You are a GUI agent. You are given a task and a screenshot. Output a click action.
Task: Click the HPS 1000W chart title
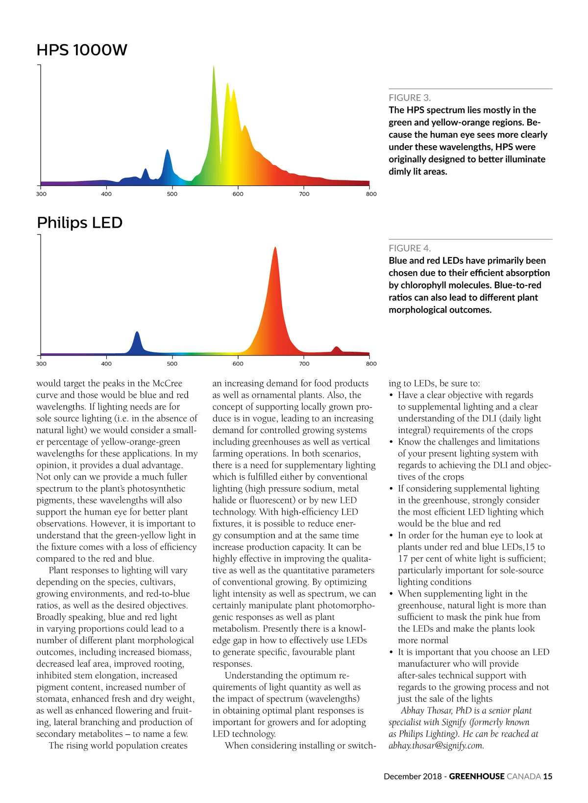click(82, 50)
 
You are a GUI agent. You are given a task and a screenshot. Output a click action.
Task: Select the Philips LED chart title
click(79, 223)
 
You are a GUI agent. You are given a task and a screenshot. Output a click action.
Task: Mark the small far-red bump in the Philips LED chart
click(336, 350)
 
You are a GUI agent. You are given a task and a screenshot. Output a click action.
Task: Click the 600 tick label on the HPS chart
click(238, 194)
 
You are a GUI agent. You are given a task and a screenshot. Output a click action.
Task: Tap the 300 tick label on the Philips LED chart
click(41, 363)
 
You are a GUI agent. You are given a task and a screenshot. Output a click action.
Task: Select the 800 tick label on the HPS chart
click(371, 194)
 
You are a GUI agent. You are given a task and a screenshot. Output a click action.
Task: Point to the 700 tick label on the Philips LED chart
click(304, 363)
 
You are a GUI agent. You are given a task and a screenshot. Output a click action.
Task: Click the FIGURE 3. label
click(410, 98)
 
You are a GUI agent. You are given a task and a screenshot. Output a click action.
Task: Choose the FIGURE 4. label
click(410, 248)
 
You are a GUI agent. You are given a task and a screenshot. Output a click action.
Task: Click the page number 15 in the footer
click(547, 776)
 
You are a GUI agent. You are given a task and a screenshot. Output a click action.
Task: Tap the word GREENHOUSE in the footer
click(476, 776)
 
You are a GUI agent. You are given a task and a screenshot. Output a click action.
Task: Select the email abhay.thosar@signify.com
click(436, 746)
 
